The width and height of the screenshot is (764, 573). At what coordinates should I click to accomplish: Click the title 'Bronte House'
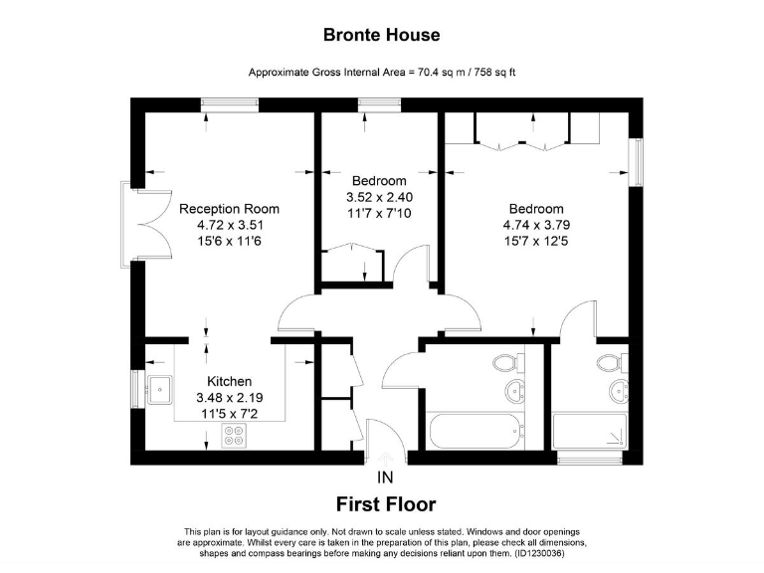[x=382, y=35]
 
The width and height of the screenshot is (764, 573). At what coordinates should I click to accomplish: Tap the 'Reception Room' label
[x=229, y=209]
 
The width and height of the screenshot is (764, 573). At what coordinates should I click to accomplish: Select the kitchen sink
[x=159, y=387]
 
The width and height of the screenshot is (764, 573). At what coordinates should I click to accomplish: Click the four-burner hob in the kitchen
[x=235, y=435]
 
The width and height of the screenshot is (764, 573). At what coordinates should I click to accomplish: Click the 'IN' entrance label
[x=385, y=477]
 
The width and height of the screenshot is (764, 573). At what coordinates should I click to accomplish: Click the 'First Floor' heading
[x=386, y=504]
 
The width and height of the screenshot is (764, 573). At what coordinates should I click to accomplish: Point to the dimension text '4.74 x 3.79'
[x=536, y=225]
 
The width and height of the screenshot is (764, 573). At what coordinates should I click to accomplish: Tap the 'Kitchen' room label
[x=229, y=381]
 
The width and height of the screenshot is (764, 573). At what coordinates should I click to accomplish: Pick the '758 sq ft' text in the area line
[x=488, y=73]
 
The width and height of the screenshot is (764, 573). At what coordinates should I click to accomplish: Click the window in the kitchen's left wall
[x=137, y=386]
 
